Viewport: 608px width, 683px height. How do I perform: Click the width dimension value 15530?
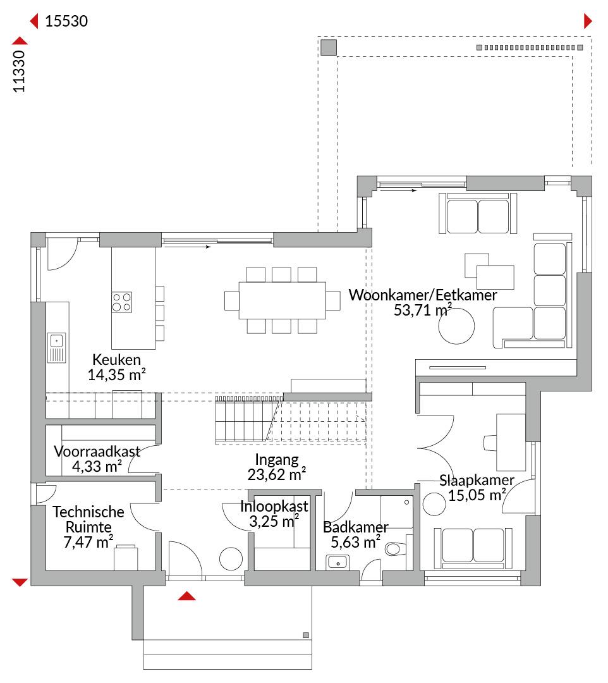pos(66,21)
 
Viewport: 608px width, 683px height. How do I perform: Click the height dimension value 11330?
pos(19,71)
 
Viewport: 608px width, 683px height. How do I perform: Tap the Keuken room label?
pos(117,360)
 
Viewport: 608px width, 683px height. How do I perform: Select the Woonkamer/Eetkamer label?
pos(423,295)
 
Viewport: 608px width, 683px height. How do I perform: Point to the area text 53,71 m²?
pos(423,310)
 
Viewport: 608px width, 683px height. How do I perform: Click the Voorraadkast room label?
pos(97,452)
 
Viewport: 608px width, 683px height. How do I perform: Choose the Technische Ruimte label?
pos(88,519)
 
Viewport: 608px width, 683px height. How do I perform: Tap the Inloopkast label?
pos(274,506)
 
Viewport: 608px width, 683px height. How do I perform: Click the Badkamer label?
pos(356,527)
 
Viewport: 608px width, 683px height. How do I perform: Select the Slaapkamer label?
pos(477,480)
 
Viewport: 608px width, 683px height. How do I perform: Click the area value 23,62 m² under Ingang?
pos(277,474)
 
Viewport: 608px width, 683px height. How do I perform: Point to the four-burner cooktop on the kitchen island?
pos(122,302)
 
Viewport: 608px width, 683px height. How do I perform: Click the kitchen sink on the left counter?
pos(57,348)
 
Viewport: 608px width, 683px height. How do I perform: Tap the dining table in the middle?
pos(282,300)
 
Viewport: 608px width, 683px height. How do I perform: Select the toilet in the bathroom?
pos(396,548)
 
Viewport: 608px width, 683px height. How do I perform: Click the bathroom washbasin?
pos(337,562)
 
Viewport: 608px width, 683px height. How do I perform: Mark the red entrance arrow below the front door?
pos(186,596)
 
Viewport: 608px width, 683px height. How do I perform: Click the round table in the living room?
pos(456,326)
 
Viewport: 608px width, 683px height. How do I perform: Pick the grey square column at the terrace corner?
pos(329,47)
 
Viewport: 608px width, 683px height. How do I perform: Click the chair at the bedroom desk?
pos(490,443)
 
